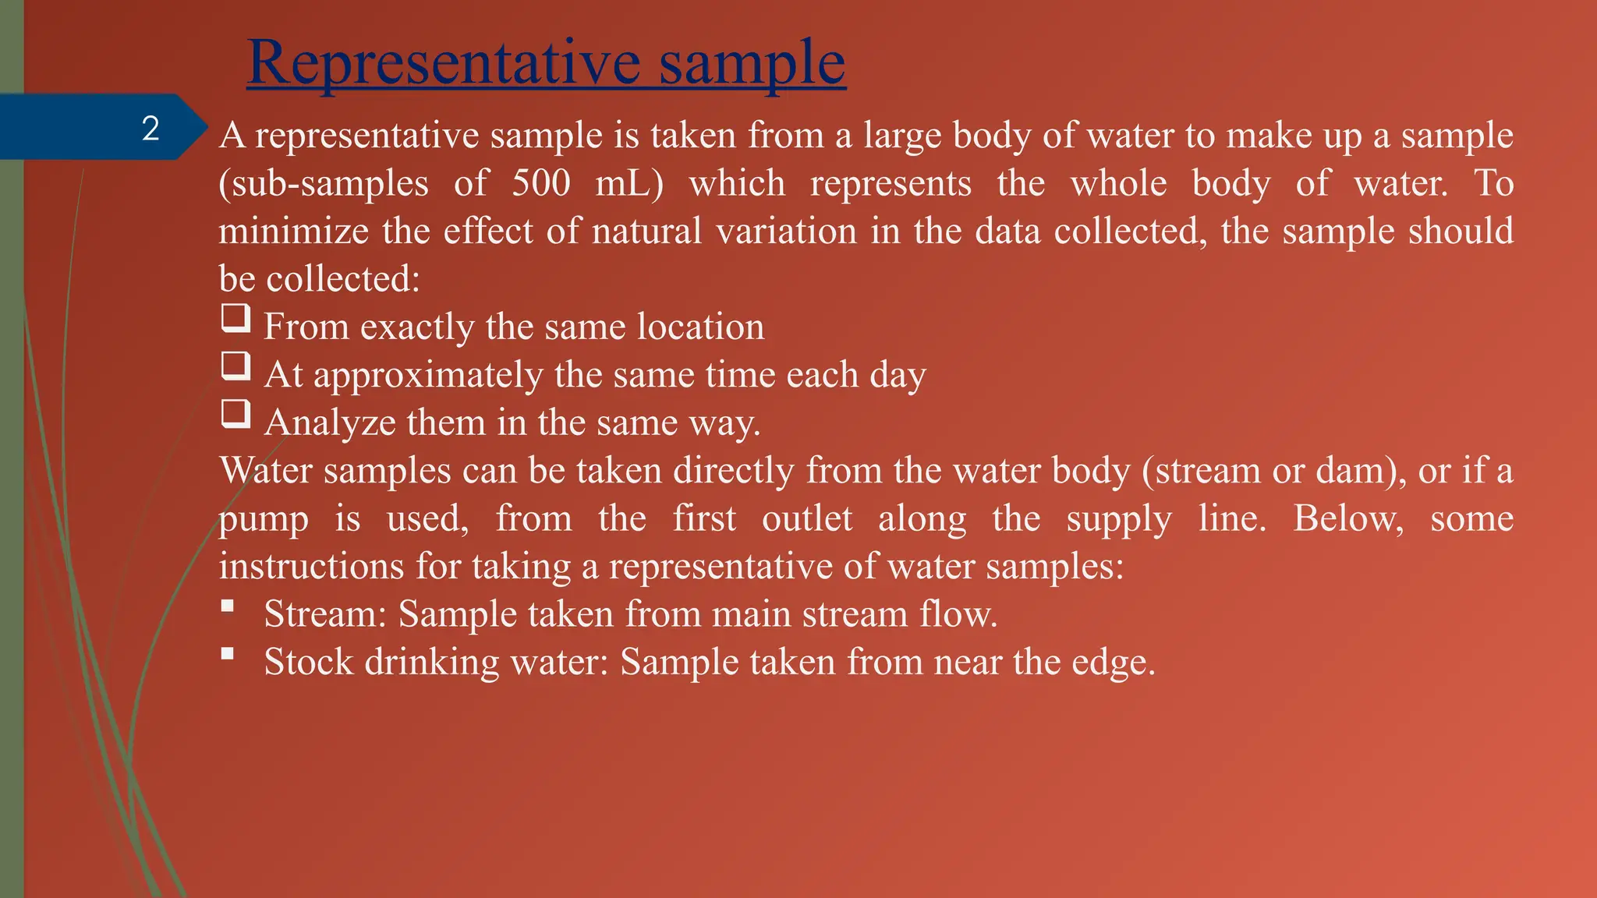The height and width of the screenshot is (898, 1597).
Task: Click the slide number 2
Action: (x=150, y=128)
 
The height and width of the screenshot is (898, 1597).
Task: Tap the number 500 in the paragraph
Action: (x=541, y=183)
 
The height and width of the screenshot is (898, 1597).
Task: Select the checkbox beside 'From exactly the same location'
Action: (x=235, y=318)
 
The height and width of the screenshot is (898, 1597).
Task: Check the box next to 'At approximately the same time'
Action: (x=235, y=366)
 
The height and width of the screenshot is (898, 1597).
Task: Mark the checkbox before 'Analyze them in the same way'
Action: (x=235, y=414)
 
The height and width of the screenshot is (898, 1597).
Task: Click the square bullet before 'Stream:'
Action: (x=227, y=606)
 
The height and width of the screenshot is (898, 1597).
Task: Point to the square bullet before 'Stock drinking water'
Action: (x=227, y=653)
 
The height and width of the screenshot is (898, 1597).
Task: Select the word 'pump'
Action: (x=264, y=520)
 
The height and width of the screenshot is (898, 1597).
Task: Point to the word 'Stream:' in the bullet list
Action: (x=325, y=614)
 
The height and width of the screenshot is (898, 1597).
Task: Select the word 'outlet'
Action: (x=807, y=518)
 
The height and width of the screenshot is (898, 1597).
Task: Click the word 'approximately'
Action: (x=427, y=376)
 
